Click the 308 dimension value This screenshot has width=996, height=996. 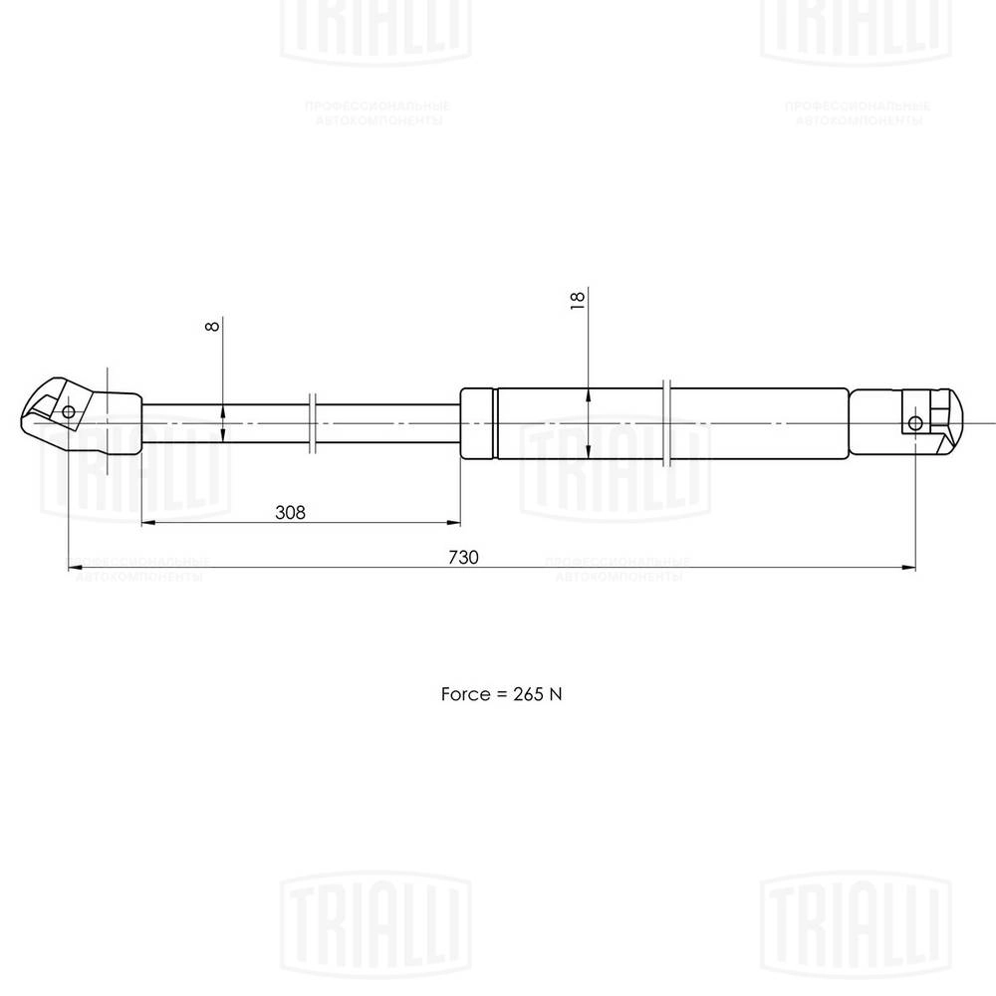(x=290, y=512)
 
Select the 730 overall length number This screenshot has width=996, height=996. (x=464, y=558)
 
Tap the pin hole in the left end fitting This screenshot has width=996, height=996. (x=68, y=412)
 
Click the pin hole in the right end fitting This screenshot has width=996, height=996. (x=915, y=423)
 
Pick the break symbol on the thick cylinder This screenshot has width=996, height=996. (x=668, y=422)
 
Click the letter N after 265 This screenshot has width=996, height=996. (x=557, y=693)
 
